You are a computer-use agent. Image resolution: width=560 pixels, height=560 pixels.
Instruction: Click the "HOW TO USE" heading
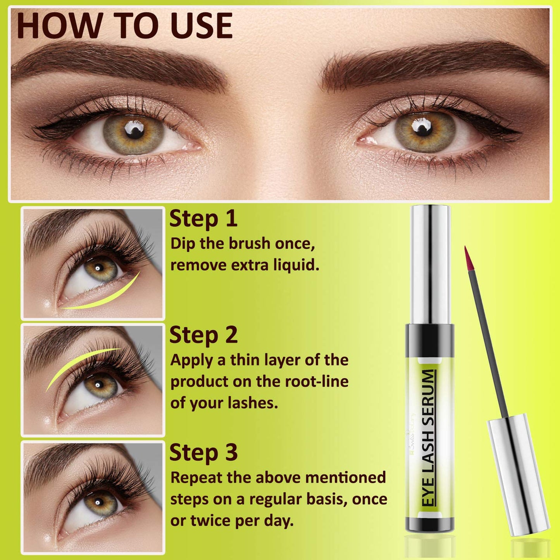coord(125,26)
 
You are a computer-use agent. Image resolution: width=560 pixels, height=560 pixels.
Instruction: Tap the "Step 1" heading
coord(203,219)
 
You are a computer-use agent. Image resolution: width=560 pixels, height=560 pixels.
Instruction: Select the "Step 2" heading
coord(203,335)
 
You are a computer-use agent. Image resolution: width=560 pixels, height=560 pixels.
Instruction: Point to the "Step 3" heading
coord(203,452)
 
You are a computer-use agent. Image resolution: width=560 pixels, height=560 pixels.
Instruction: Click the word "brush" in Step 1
coord(249,243)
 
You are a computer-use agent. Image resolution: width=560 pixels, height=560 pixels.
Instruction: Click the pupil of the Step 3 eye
coord(98,503)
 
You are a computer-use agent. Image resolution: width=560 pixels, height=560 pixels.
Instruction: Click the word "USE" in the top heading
coord(201,26)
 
